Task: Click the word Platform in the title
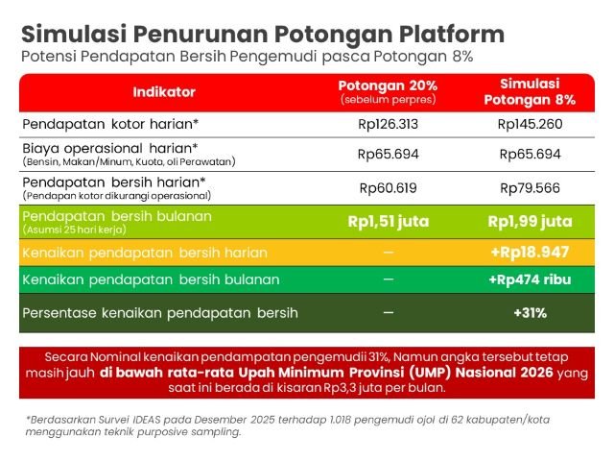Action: (452, 35)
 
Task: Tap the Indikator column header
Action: (164, 92)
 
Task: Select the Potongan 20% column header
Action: (388, 92)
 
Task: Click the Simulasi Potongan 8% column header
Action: (530, 92)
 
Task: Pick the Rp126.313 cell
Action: (388, 124)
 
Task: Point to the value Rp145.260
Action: (530, 124)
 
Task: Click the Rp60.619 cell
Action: (388, 188)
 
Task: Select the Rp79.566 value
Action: (530, 188)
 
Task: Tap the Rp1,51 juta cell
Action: (388, 222)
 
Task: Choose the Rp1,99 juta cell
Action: (530, 222)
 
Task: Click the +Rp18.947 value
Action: (530, 252)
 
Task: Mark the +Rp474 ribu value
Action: (530, 279)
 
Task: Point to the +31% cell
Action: (530, 313)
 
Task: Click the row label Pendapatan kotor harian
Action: (110, 124)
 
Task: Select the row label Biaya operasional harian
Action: (110, 149)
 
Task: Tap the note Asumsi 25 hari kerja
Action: (75, 230)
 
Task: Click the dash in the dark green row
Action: (388, 312)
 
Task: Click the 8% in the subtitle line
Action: (462, 57)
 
